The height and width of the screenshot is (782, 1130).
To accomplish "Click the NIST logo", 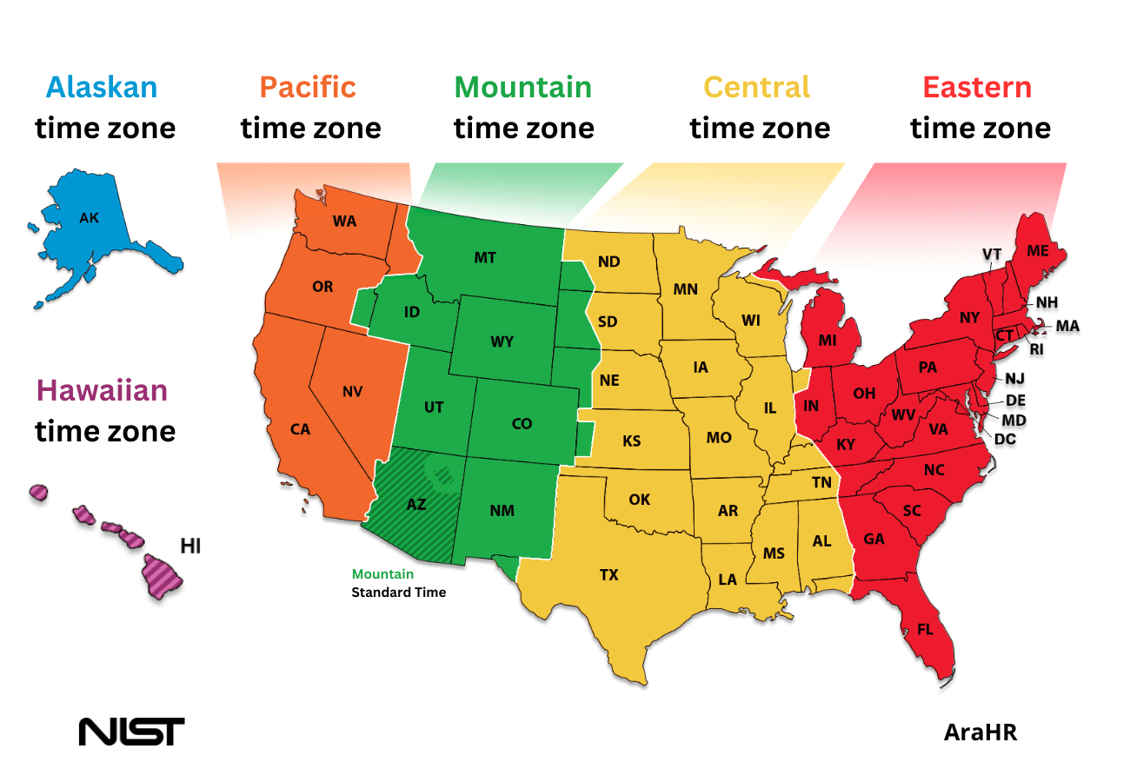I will click(131, 731).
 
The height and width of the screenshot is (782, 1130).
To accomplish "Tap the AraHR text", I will click(980, 732).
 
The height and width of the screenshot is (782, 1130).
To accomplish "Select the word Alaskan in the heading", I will click(102, 87).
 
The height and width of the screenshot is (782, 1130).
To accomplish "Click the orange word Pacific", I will click(308, 87).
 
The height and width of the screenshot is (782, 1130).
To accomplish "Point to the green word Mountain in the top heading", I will click(522, 87).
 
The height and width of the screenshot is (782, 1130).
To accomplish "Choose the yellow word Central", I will click(756, 87).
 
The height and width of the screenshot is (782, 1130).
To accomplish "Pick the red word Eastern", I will click(977, 87).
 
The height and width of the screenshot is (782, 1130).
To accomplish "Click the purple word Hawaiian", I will click(102, 390).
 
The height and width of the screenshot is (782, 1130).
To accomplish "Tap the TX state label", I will click(608, 574).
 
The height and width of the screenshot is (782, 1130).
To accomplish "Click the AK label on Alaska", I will click(89, 218).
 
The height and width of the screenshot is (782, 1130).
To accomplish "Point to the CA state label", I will click(300, 429).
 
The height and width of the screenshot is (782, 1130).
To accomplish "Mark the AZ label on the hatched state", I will click(416, 504).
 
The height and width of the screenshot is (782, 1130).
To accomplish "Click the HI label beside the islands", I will click(190, 546).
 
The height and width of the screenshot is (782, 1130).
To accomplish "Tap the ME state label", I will click(1037, 250).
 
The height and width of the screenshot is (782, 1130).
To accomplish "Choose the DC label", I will click(1005, 440).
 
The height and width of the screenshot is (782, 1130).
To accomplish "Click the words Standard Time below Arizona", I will click(398, 593).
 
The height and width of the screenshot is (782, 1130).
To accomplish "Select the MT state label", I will click(485, 258).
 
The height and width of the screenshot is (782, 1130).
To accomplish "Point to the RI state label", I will click(1036, 349).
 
